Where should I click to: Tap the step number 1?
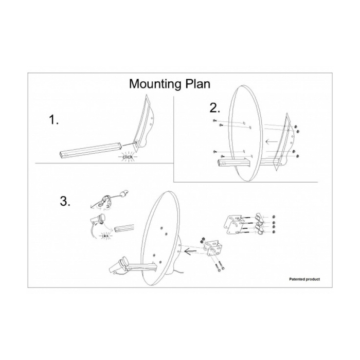click(54, 121)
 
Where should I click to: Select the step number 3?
click(65, 202)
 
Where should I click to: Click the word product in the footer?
click(313, 279)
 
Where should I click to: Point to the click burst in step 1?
click(127, 156)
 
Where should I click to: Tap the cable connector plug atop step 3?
click(124, 194)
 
